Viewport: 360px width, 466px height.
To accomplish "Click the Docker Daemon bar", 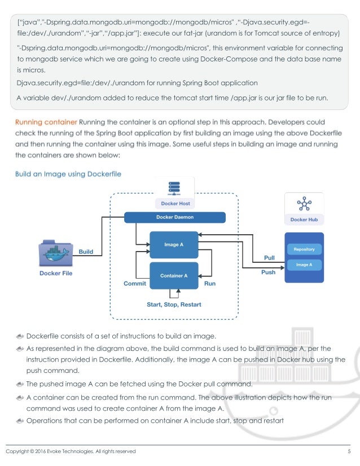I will point(174,217).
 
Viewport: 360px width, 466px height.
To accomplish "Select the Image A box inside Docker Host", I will point(174,244).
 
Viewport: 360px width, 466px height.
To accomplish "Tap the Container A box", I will point(174,276).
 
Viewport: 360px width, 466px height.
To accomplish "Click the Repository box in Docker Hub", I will point(304,249).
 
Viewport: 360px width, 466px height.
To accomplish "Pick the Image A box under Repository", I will point(304,264).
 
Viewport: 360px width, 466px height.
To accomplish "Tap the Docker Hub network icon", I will point(304,204).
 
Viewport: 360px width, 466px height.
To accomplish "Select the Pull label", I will point(269,258).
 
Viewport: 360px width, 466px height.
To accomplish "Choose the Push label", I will point(269,272).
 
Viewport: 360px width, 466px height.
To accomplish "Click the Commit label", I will point(135,284).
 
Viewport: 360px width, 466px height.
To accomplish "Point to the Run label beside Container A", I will point(209,284).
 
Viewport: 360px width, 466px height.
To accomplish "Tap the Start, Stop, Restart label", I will point(174,305).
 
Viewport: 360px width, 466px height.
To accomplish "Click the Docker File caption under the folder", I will point(56,274).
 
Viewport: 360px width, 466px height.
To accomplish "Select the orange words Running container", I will point(46,121).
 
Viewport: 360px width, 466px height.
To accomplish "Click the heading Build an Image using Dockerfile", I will point(68,174).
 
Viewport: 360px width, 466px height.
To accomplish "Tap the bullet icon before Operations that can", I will point(20,421).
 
